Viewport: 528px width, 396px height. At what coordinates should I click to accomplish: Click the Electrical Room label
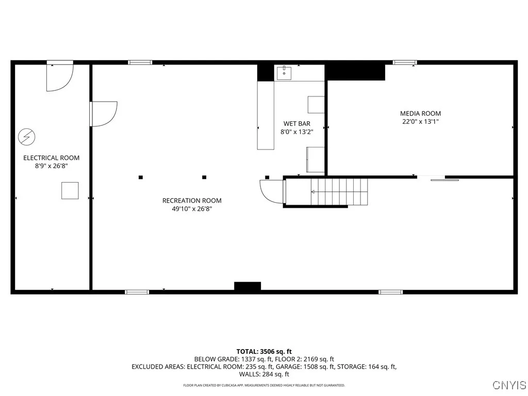click(52, 158)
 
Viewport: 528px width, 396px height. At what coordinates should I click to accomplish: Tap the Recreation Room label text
click(192, 201)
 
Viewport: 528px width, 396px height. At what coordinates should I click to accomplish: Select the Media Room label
click(420, 113)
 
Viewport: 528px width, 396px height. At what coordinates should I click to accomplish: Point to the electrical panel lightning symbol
click(26, 137)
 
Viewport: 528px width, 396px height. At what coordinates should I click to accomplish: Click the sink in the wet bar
click(284, 73)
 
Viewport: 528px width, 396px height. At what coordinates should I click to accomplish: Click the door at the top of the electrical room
click(60, 76)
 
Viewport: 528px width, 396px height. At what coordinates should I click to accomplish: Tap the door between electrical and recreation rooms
click(103, 113)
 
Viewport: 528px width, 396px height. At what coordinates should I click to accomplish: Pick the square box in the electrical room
click(70, 190)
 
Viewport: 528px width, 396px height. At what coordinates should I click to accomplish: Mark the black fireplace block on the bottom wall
click(247, 286)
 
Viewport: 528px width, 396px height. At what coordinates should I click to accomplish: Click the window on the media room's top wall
click(405, 63)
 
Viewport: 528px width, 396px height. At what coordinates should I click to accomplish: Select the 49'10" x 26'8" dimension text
click(192, 209)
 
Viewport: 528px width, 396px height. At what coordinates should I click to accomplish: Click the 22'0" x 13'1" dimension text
click(420, 122)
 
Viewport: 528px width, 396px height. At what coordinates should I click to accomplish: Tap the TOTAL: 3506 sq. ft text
click(264, 351)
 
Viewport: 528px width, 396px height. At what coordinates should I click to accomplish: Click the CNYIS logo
click(509, 385)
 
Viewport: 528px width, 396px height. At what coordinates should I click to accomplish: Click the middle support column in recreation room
click(204, 177)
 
